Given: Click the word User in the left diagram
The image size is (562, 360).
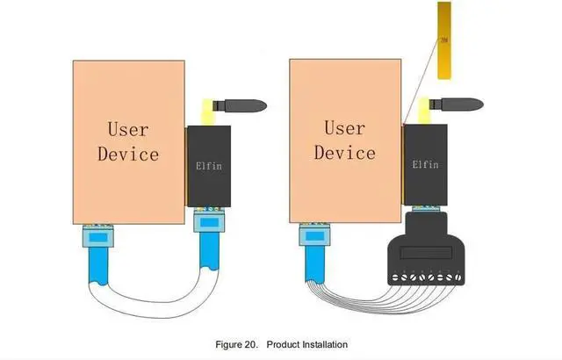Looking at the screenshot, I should pos(128,129).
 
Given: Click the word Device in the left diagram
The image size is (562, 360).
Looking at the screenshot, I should pos(128,154).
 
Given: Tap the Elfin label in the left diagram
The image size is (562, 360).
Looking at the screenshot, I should pos(208,163).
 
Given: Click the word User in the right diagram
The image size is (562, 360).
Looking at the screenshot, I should pos(344,128).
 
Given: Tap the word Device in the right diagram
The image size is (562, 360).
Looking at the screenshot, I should pos(344,153).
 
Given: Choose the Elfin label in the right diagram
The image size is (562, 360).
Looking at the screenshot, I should pos(426,163).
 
